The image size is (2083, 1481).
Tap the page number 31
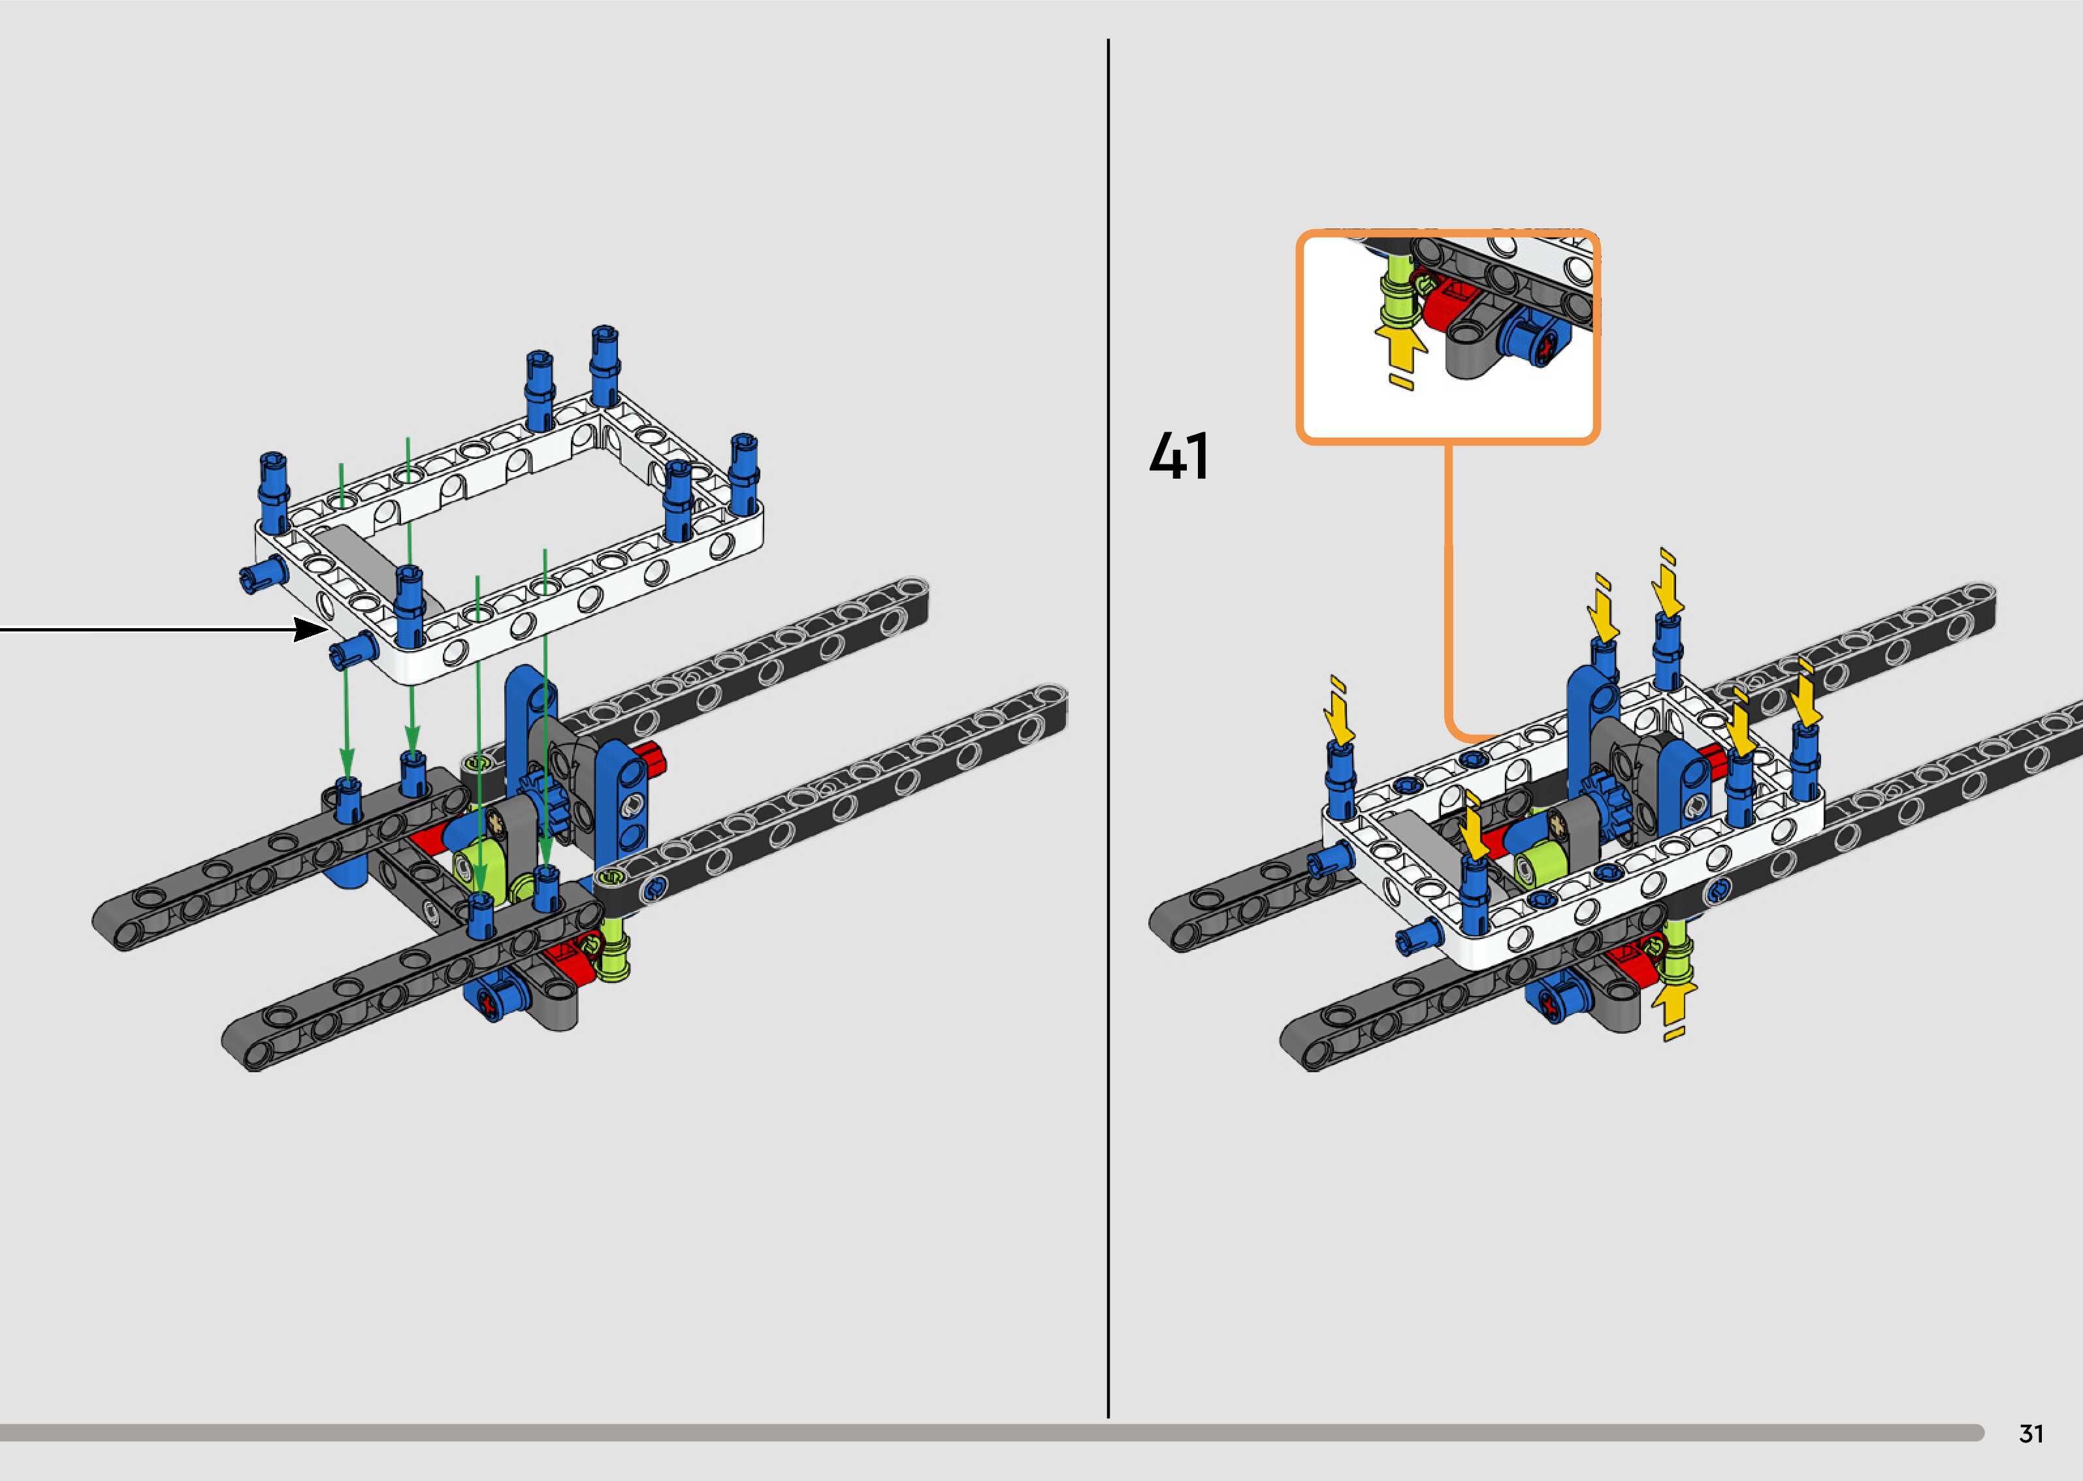(2030, 1433)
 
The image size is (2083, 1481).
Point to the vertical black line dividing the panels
(1108, 729)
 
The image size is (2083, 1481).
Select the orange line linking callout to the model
(1447, 593)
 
